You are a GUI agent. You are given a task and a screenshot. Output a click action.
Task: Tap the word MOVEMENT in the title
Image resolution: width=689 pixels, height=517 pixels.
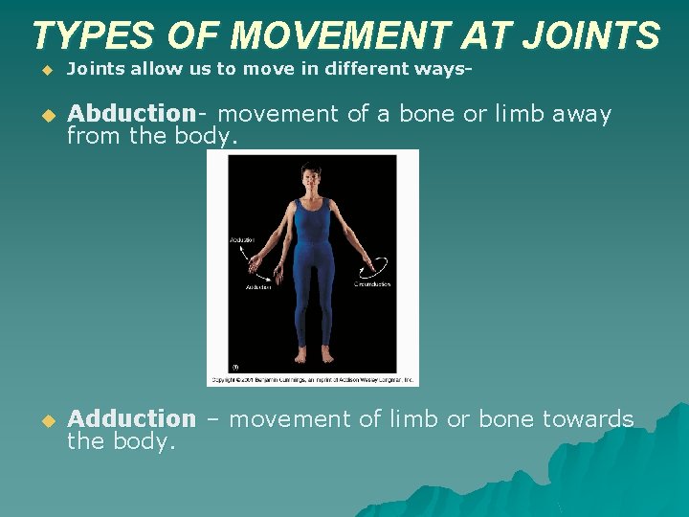point(339,35)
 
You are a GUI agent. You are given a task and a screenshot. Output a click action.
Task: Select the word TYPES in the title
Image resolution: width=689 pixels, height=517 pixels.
point(92,35)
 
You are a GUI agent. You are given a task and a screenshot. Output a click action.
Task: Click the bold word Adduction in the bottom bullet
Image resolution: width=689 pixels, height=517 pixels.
point(131,418)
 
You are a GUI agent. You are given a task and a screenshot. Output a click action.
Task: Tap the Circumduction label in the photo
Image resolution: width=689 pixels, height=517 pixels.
point(372,284)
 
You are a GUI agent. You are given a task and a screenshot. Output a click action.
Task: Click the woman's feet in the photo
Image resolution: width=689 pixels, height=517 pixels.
point(313,355)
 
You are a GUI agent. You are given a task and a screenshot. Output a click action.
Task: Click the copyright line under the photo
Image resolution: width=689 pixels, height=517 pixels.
point(313,379)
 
